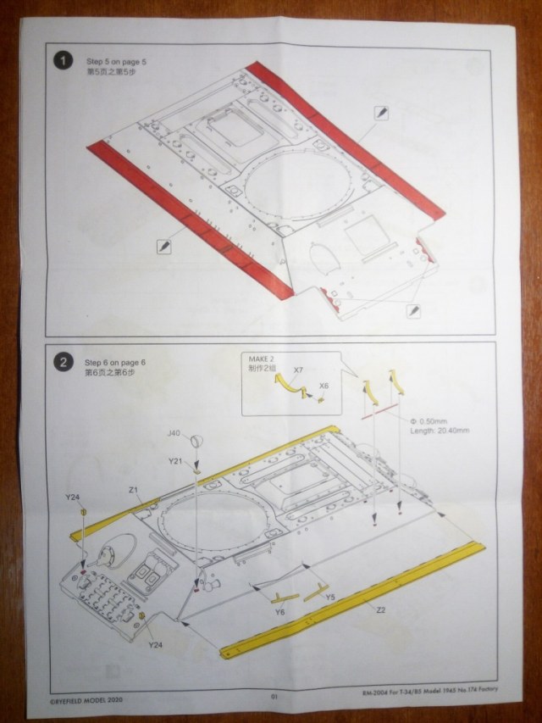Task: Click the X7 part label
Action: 299,371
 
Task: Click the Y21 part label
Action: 175,460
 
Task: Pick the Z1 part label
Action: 134,490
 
